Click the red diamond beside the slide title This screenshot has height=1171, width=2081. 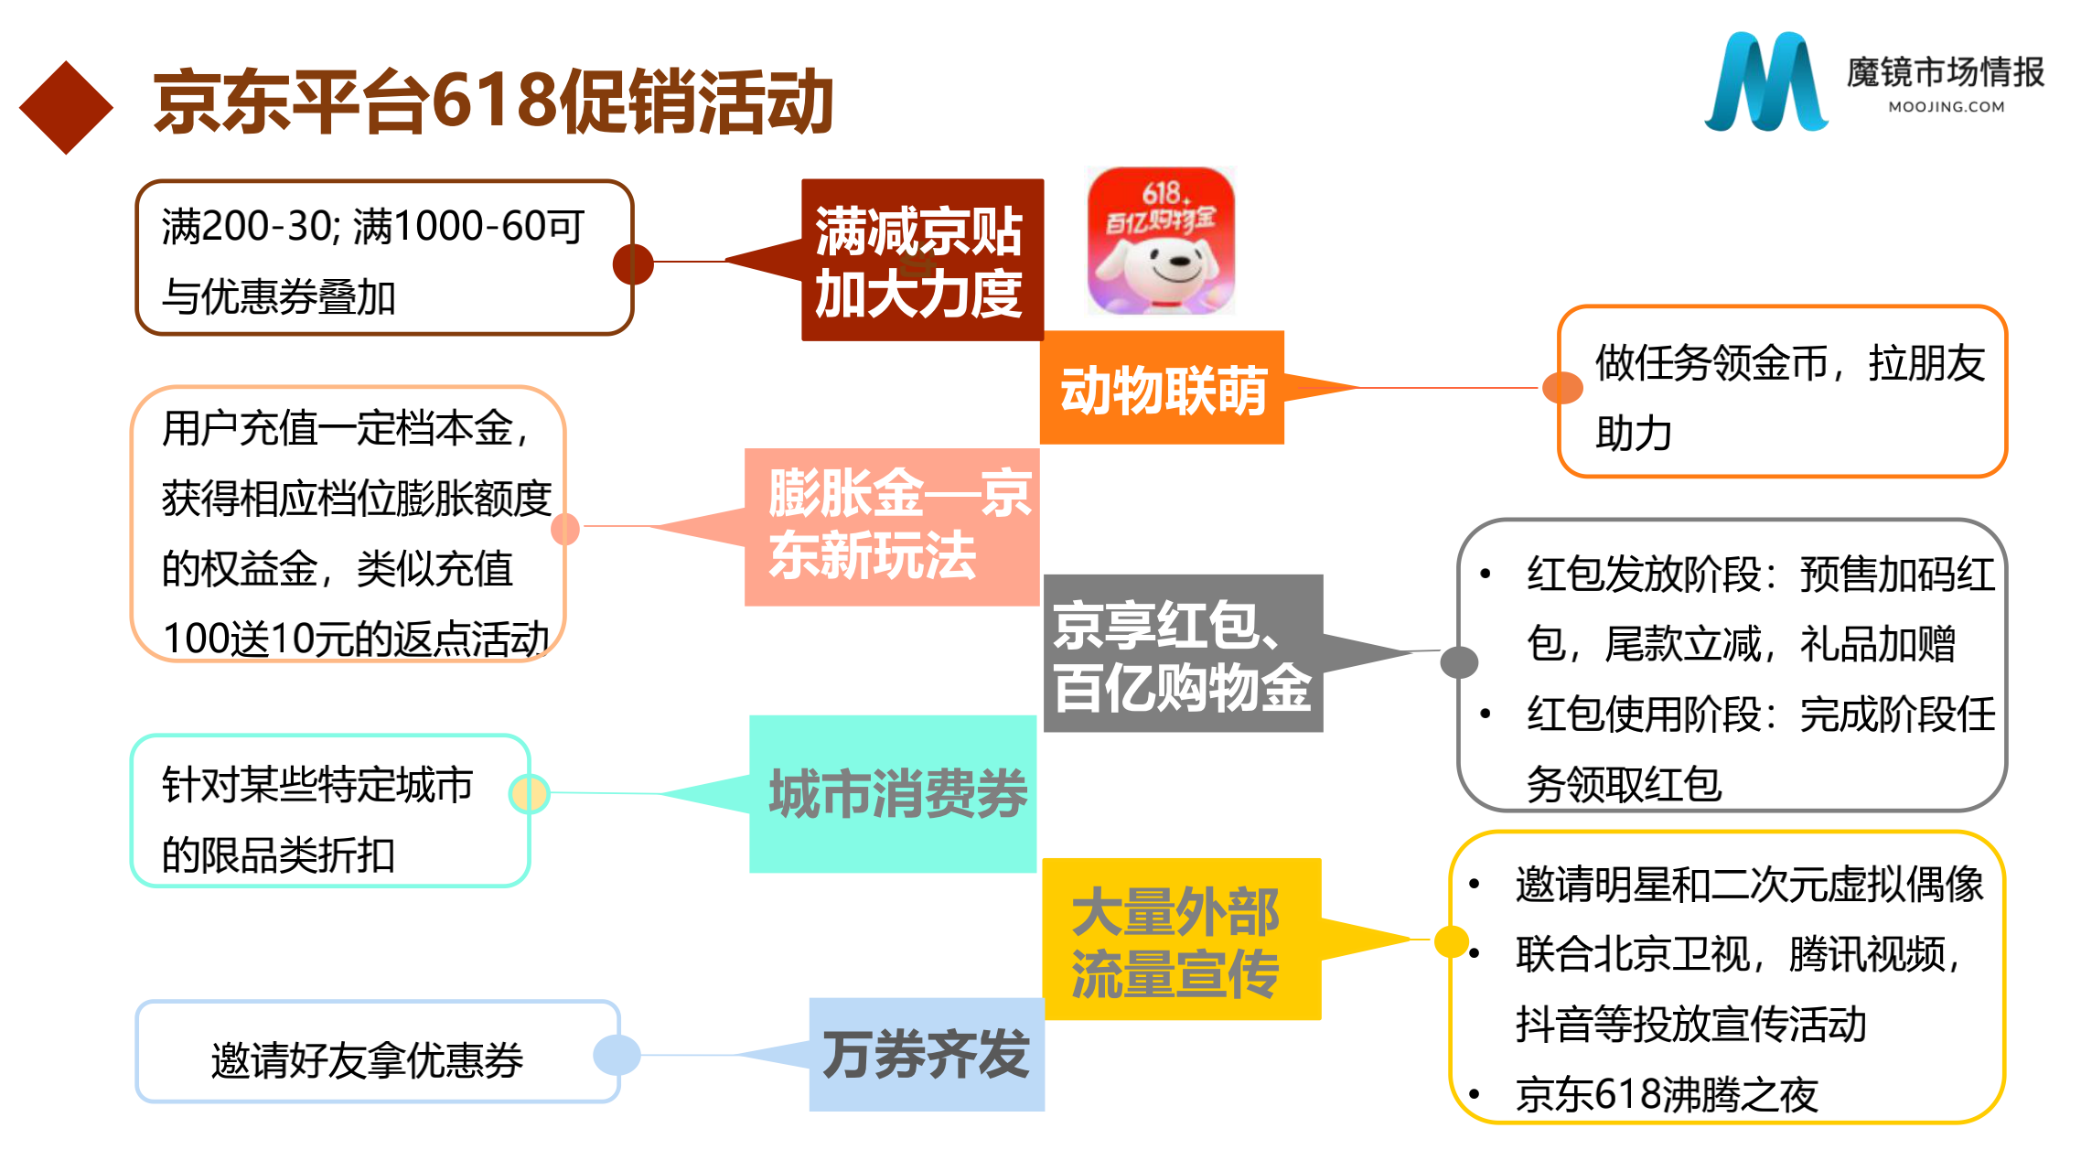point(66,107)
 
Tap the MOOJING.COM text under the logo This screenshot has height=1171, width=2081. point(1947,107)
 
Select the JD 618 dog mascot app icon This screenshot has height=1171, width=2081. point(1161,242)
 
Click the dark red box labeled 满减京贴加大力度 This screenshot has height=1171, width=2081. point(922,261)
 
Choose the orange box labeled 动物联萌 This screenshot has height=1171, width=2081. point(1162,389)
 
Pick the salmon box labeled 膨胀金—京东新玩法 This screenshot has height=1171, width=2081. point(892,527)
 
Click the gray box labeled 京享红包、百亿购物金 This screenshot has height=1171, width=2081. point(1183,653)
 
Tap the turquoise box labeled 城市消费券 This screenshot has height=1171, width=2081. point(893,794)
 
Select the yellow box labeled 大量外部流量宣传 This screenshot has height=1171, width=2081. point(1182,940)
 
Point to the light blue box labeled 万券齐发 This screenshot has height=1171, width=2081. point(927,1055)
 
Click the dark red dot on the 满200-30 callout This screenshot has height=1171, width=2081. point(633,264)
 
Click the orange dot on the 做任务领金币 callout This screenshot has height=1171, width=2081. point(1562,388)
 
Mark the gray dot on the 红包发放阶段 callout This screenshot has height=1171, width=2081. point(1459,661)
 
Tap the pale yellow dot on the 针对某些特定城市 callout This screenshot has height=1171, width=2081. point(529,793)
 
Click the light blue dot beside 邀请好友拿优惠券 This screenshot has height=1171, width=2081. point(617,1055)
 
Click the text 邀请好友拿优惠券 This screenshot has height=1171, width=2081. point(367,1060)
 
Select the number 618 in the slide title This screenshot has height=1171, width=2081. point(494,101)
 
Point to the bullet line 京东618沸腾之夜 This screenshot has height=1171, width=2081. point(1667,1095)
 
